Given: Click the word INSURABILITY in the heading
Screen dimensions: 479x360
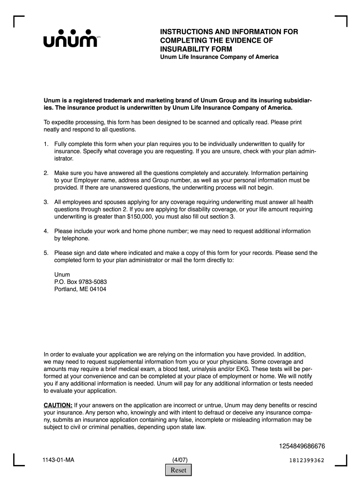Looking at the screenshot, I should [x=183, y=49].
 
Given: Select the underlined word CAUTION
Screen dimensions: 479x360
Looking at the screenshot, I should [x=58, y=405].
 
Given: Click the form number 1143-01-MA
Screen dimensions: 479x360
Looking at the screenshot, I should [x=58, y=460].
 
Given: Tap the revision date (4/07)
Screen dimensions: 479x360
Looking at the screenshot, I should [x=180, y=460].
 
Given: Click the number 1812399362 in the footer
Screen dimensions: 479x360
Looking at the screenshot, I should [x=307, y=460].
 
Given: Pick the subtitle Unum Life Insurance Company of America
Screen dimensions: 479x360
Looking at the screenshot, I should [x=219, y=57].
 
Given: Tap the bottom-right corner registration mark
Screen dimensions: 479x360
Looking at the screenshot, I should [x=342, y=461].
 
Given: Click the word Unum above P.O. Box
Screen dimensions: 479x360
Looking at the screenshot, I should [x=62, y=275].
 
